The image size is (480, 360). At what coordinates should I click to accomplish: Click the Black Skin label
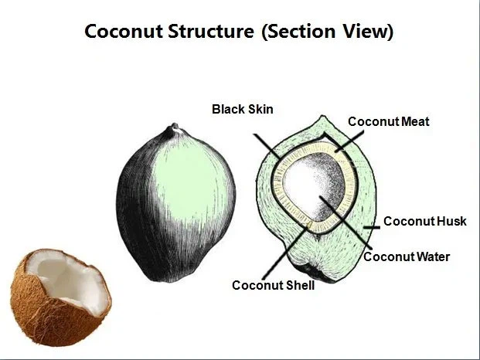click(x=242, y=109)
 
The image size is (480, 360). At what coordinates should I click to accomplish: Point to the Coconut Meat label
click(x=388, y=121)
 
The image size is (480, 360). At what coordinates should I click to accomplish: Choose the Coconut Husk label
click(x=425, y=221)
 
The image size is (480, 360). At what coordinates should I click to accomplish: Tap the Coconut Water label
click(x=407, y=256)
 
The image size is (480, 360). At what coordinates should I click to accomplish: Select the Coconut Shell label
click(x=273, y=285)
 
